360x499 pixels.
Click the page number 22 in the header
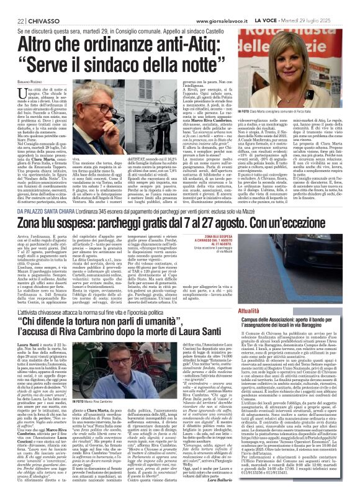[12, 6]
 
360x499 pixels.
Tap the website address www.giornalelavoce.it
[212, 6]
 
